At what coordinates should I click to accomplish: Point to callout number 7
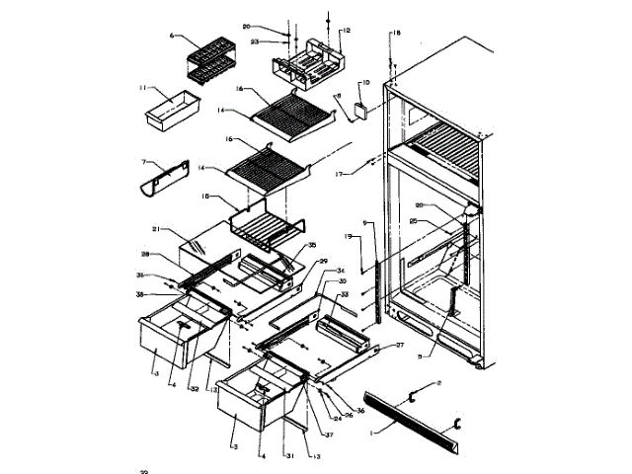[145, 161]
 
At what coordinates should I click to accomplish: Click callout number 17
[343, 174]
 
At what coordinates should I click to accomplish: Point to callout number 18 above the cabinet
[396, 34]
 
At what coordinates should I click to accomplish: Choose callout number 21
[156, 230]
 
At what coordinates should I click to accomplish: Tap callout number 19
[349, 237]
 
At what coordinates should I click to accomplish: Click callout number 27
[400, 344]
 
